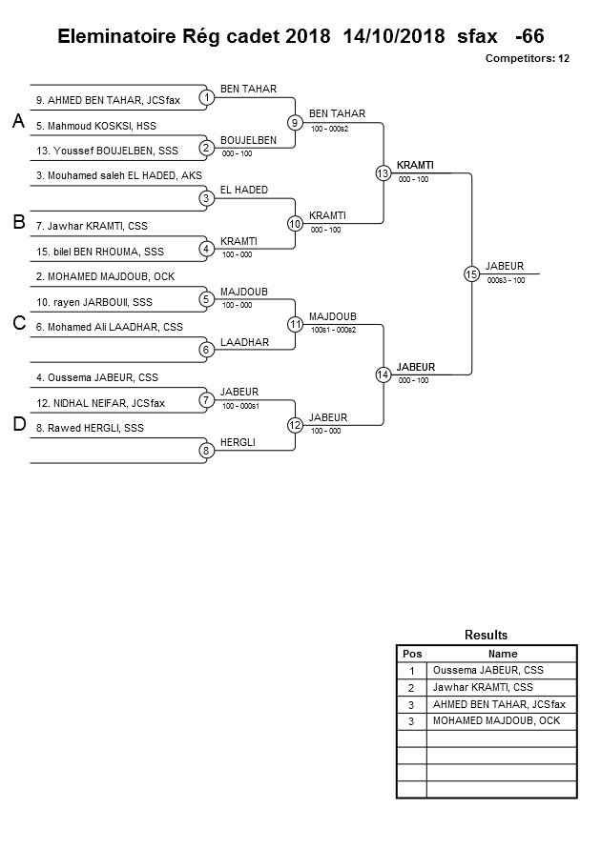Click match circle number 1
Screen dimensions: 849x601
[206, 97]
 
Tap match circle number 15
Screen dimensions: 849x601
[470, 273]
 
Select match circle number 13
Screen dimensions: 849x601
[383, 172]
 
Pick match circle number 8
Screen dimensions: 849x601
[206, 450]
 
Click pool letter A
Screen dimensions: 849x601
[17, 122]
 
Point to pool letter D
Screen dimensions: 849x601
[17, 425]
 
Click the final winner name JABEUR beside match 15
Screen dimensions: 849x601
[505, 266]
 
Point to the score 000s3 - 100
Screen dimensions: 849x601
[506, 280]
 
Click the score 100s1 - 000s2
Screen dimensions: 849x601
[333, 330]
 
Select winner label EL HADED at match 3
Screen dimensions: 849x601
[243, 190]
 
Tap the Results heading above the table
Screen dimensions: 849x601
[486, 635]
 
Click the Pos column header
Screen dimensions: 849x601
[411, 654]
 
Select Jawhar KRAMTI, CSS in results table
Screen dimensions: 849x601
[483, 687]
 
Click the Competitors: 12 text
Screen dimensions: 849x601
[527, 58]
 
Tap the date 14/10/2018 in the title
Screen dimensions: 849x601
[393, 36]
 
